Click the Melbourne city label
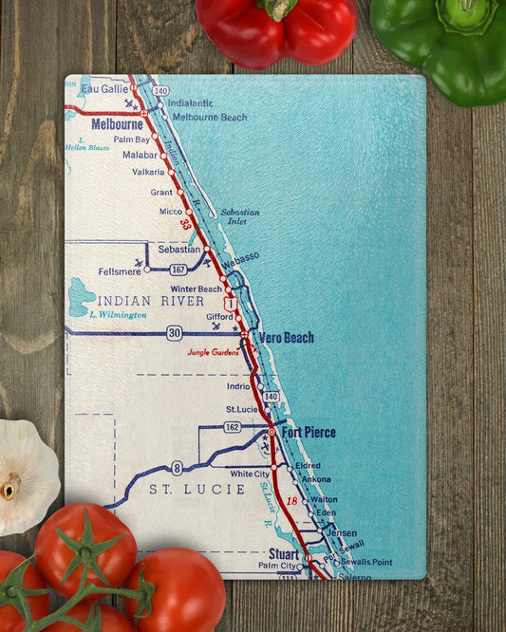point(117,124)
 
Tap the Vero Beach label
point(285,337)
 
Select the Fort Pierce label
point(307,433)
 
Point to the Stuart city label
point(283,553)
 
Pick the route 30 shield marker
point(174,333)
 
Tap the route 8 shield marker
point(178,467)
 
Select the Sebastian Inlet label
point(239,216)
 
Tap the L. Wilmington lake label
point(118,314)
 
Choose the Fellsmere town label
point(119,270)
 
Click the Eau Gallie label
point(104,88)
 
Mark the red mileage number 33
point(185,224)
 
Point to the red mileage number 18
point(292,500)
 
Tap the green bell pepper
point(440,43)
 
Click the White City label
point(250,474)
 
